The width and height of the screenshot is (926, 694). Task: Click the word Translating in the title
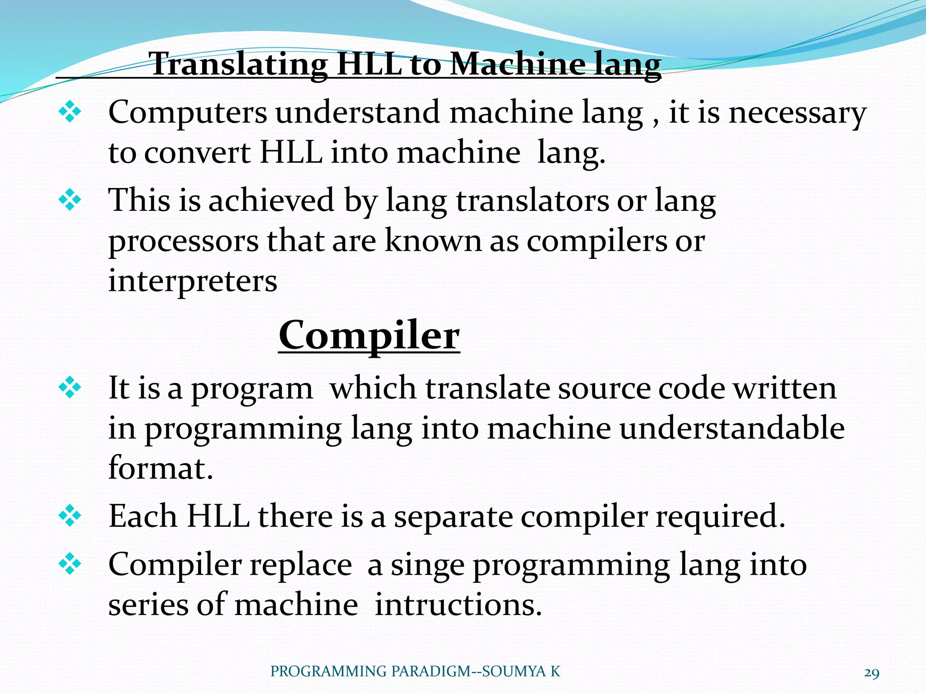tap(238, 65)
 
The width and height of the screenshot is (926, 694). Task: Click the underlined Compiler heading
tap(369, 336)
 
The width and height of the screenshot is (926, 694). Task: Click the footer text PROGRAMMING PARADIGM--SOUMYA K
tap(415, 671)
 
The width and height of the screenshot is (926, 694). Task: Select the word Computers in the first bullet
tap(188, 113)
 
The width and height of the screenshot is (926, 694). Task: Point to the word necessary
tap(798, 113)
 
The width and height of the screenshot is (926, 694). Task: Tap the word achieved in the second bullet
tap(271, 200)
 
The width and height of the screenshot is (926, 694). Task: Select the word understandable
tap(732, 428)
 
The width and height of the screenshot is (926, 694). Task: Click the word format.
tap(160, 468)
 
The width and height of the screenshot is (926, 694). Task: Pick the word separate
tap(453, 516)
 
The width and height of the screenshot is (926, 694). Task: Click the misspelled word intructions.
tap(458, 605)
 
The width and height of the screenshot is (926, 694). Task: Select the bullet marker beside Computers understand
tap(70, 112)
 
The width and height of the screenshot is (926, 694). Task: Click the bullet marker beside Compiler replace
tap(70, 564)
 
